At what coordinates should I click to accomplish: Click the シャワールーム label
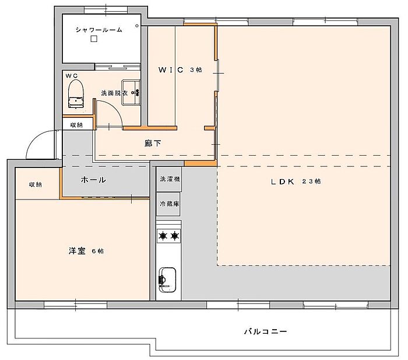[99, 30]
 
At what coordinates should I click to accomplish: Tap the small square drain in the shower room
[94, 39]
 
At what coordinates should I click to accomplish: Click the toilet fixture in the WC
[76, 94]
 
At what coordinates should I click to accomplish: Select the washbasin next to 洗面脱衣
[131, 92]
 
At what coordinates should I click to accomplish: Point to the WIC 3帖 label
[180, 70]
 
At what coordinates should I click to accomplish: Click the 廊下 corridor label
[153, 144]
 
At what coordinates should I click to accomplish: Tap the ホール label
[93, 180]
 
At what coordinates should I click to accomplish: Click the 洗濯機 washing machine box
[169, 179]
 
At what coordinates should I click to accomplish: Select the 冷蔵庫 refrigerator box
[168, 204]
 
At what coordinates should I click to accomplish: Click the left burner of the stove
[163, 236]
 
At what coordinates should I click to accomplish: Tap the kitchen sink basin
[167, 279]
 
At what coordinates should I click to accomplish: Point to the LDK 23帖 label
[296, 181]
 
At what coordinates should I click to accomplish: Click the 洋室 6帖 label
[86, 251]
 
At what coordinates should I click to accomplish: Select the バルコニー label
[265, 331]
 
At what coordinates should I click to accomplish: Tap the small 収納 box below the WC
[78, 124]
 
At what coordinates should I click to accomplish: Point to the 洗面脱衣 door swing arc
[115, 110]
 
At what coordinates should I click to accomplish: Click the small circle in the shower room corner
[137, 26]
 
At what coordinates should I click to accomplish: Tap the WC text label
[72, 76]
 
